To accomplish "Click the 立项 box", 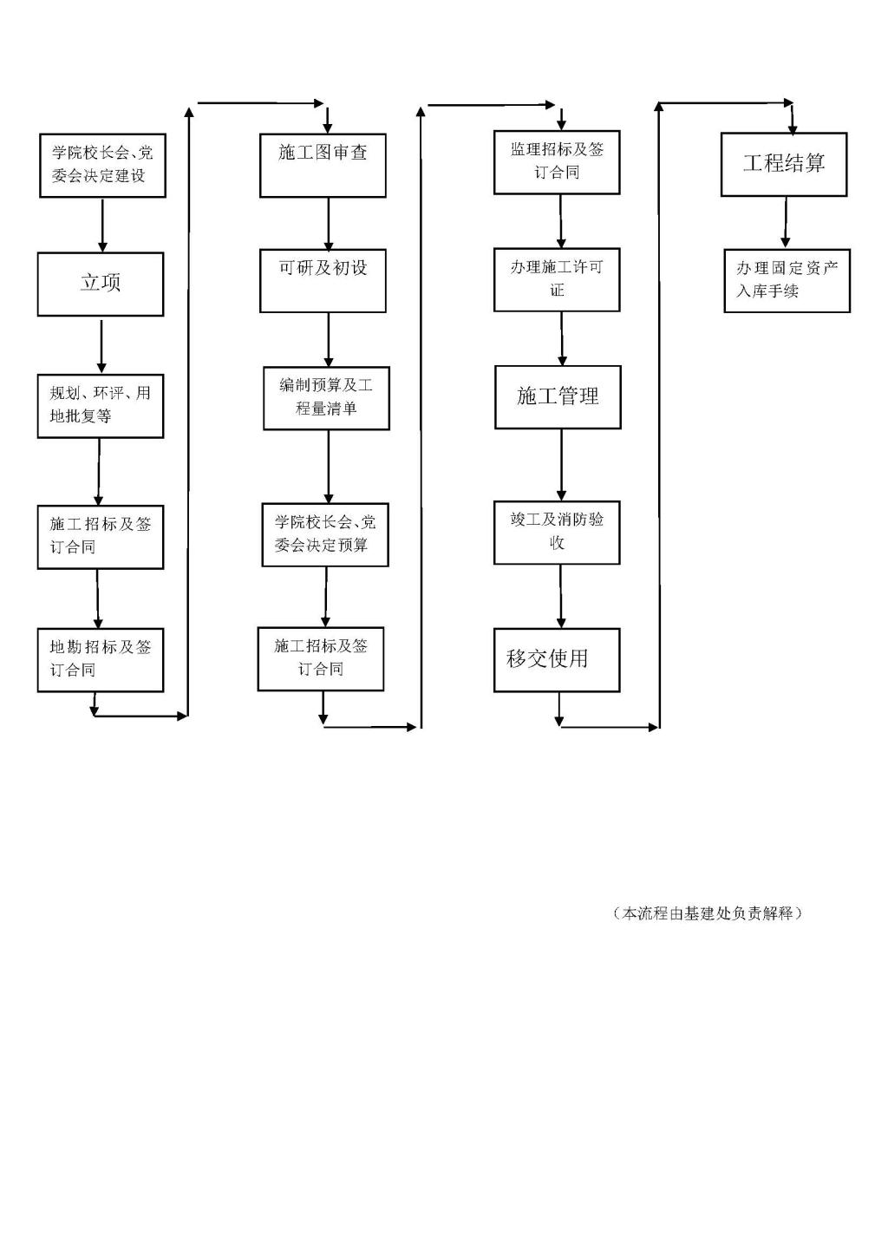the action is pos(101,284).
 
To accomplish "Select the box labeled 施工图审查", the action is pos(323,166).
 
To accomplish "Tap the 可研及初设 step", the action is pos(323,281).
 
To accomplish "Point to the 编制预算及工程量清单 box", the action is pos(326,399).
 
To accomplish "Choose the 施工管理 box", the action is pos(558,397).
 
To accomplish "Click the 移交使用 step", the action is pos(557,660).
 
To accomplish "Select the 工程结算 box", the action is pos(784,164).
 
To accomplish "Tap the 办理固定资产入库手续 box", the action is pos(787,281).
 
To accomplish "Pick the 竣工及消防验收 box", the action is pos(557,533).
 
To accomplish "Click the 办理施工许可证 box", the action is pos(557,280).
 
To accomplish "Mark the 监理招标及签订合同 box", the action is pos(557,162).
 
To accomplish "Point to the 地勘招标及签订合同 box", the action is pos(101,660).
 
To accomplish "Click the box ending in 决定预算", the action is pos(325,535).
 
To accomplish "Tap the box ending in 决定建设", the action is pos(102,166).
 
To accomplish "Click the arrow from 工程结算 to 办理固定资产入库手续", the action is pos(786,222).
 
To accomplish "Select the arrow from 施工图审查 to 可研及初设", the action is pos(329,224).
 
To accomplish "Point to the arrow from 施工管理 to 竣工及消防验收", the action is pos(561,465).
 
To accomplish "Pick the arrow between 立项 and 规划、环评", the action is pos(101,346).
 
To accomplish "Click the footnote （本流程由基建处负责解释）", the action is pos(707,913).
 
